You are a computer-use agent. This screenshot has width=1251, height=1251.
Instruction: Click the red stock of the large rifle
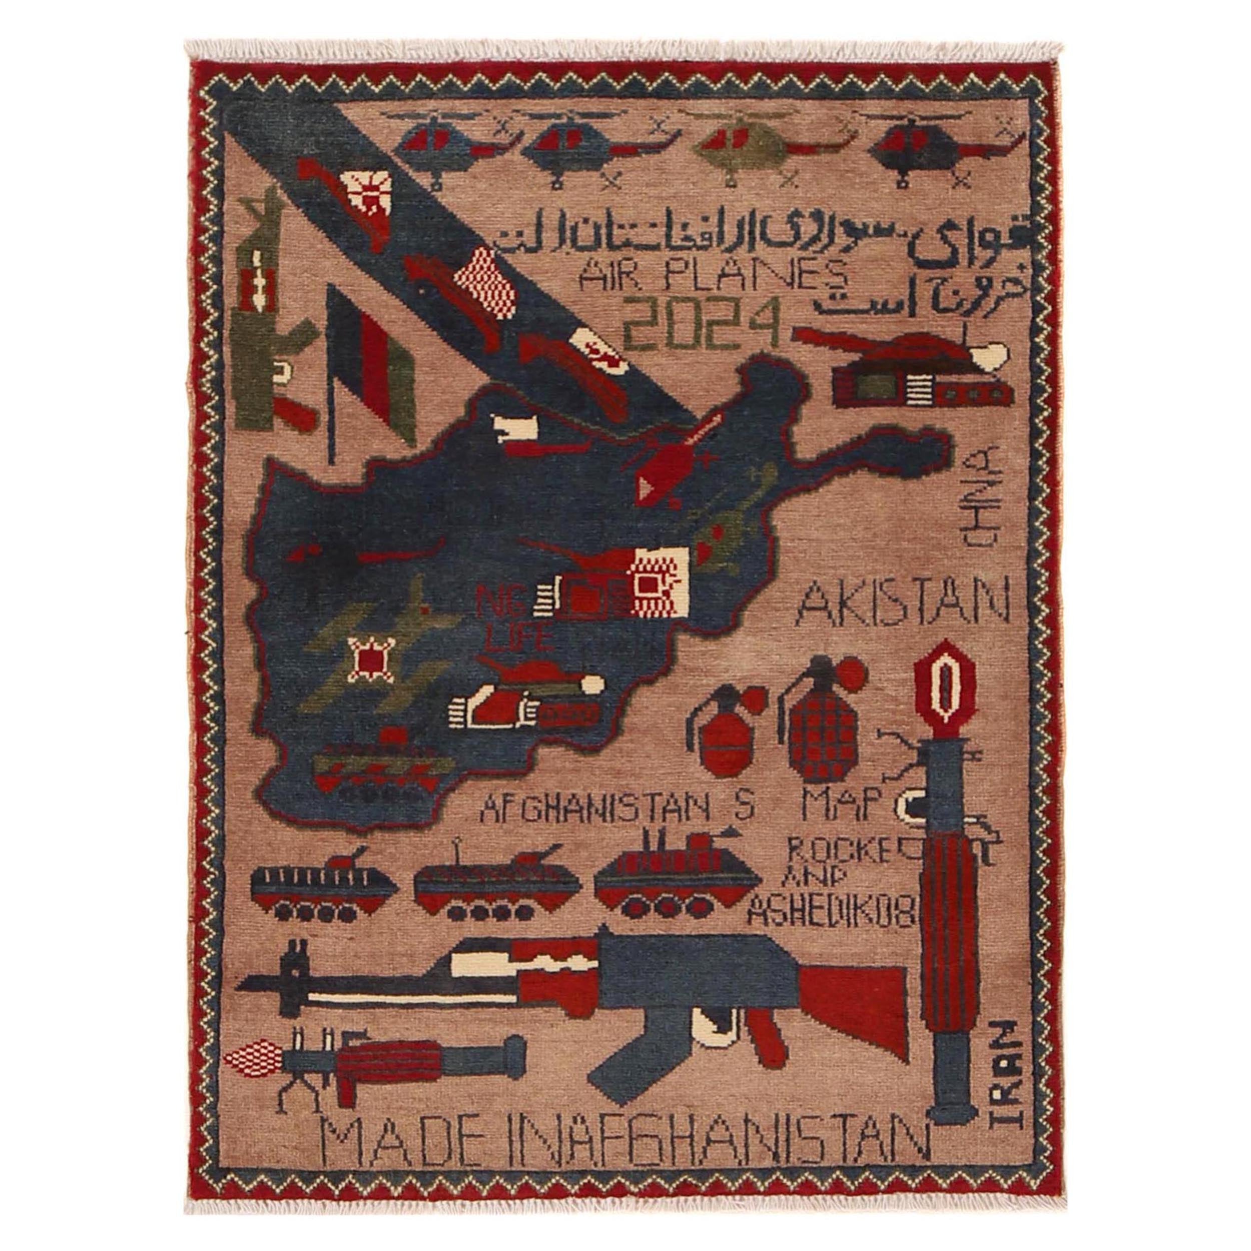coord(848,994)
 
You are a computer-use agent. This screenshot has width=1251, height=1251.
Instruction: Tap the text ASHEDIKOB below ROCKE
coord(830,914)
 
